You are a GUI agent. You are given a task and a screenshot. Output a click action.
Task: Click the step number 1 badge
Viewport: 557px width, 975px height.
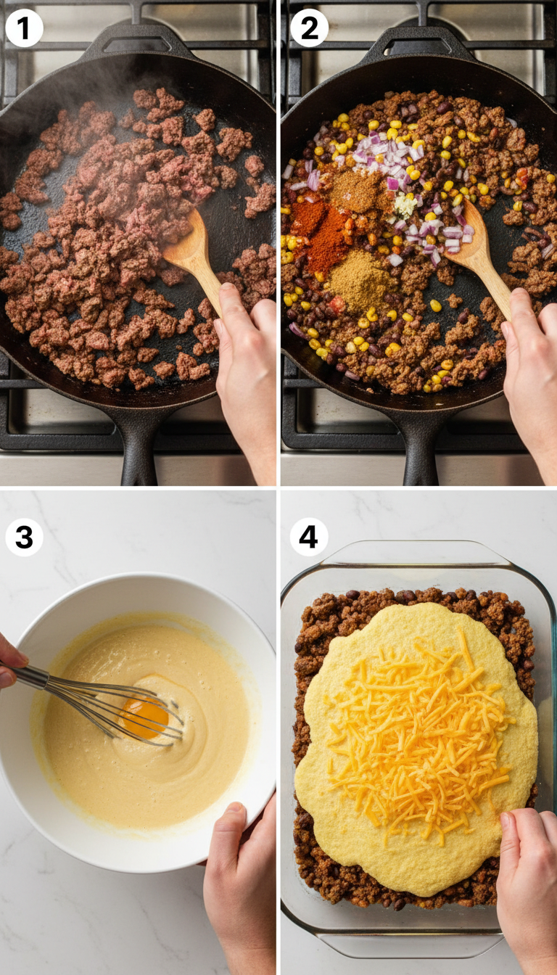click(24, 28)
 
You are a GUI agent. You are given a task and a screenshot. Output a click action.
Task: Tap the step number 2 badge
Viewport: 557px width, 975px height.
click(309, 28)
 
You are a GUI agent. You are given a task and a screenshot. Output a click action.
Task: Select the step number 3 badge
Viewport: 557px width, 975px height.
click(24, 538)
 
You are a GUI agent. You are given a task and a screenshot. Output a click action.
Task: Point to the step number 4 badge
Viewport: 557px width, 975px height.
click(309, 538)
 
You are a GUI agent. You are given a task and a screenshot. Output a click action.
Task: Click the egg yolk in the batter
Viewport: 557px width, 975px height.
click(144, 716)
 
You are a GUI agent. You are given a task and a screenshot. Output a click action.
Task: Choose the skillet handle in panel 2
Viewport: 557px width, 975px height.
click(421, 446)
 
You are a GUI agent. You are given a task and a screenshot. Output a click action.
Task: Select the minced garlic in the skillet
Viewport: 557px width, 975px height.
click(404, 205)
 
